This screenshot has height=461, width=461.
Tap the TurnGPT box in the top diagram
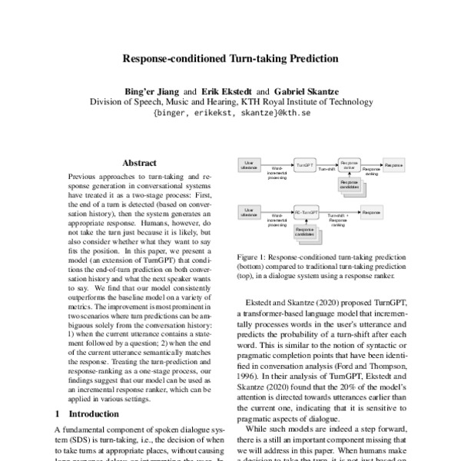point(305,165)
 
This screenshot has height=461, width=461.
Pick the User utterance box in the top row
point(249,165)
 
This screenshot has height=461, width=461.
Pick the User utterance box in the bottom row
point(249,211)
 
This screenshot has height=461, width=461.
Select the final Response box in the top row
point(393,165)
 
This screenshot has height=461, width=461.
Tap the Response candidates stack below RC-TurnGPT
point(305,230)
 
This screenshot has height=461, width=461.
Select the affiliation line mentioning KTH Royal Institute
point(230,101)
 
